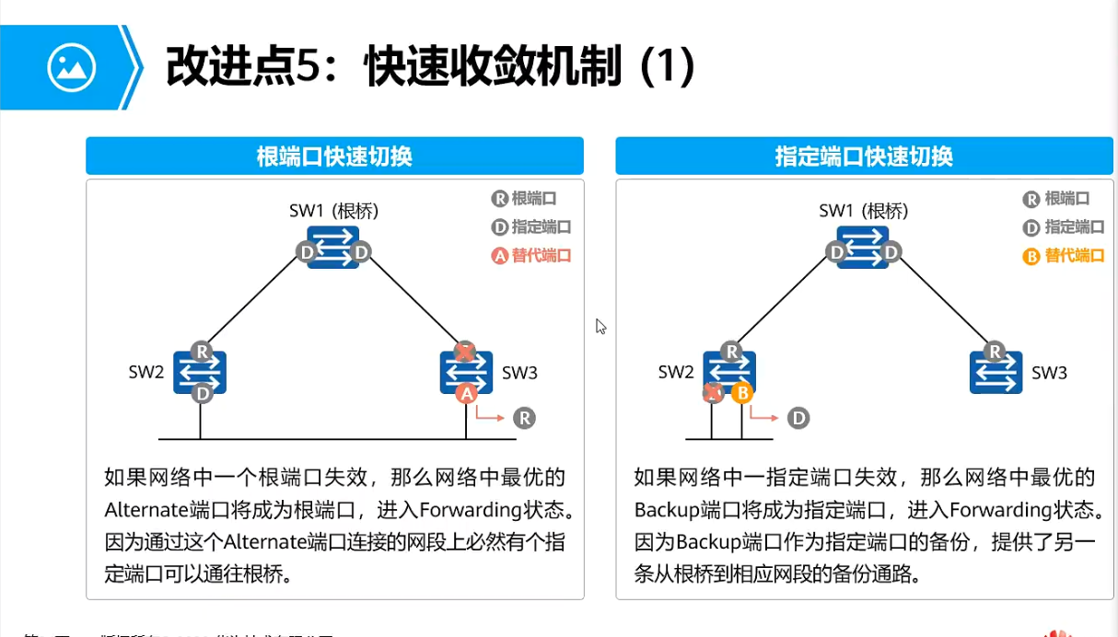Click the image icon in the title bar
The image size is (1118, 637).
click(72, 67)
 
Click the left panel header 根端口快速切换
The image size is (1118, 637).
click(334, 156)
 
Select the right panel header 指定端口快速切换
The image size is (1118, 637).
click(864, 156)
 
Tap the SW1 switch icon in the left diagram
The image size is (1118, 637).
click(333, 247)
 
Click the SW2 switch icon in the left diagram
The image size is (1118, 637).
click(200, 372)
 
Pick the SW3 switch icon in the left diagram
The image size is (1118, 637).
click(467, 372)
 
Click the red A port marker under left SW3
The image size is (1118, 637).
click(467, 394)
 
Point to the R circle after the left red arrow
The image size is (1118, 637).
click(524, 418)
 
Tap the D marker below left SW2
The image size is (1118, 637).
click(201, 394)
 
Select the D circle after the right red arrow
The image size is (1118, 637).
click(798, 419)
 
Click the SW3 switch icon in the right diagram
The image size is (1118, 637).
click(996, 372)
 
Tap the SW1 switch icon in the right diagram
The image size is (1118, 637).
click(863, 247)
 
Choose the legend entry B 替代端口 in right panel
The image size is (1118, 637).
click(1063, 255)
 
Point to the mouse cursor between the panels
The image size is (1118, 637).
click(600, 326)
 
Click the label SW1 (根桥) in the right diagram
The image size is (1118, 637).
click(863, 211)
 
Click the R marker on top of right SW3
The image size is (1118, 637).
click(995, 351)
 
